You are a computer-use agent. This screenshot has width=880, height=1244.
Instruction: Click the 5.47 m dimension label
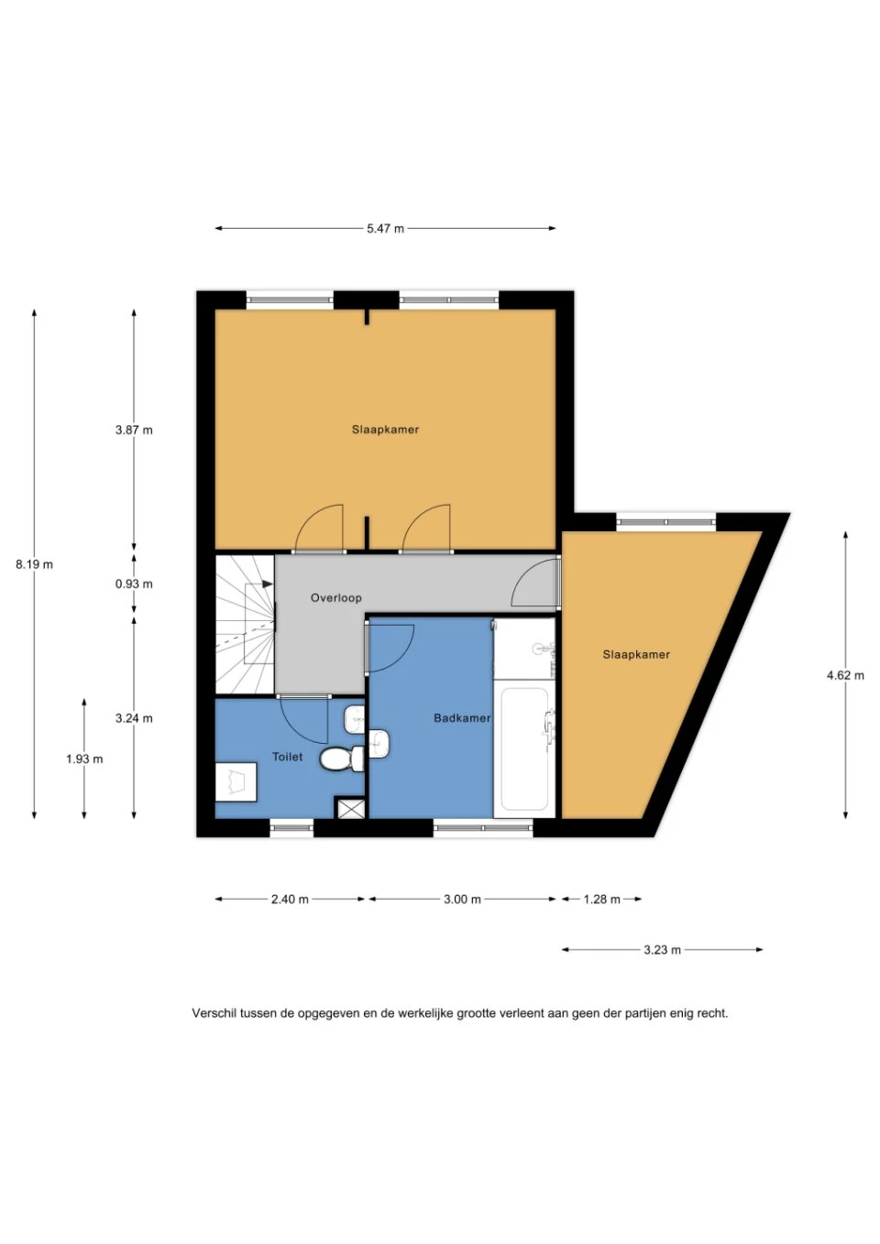385,228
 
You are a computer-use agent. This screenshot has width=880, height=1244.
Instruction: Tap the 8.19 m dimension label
35,564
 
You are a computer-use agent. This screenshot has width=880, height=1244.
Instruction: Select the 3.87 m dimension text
134,430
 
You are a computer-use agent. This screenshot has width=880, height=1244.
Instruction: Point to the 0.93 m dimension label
134,584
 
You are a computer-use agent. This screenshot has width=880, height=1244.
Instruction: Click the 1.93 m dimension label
84,758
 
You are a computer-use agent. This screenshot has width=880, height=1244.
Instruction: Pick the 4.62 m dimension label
845,675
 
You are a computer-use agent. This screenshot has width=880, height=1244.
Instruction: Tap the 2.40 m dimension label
290,900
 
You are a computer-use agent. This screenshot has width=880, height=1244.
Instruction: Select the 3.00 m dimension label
462,900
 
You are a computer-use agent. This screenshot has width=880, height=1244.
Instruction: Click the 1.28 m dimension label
601,900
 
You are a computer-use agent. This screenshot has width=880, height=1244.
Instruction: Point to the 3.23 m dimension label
662,950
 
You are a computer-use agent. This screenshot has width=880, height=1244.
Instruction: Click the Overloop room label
336,598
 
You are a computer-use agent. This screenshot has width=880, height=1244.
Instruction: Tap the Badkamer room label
462,718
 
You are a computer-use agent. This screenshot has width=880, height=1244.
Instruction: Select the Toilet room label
287,757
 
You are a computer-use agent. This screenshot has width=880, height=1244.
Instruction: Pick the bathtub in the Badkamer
524,749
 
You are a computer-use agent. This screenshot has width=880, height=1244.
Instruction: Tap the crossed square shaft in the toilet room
349,808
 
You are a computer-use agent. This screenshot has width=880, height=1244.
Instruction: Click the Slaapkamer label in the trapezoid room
636,655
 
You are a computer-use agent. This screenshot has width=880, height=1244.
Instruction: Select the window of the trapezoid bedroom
666,522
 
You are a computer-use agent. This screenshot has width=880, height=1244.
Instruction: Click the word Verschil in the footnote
213,1013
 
